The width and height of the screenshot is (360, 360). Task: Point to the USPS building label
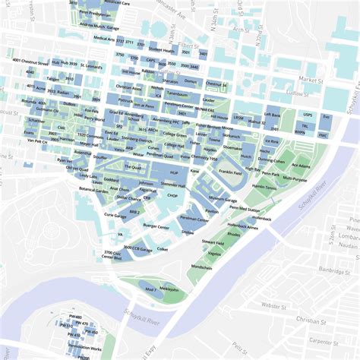308,115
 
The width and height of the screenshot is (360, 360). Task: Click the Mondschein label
201,267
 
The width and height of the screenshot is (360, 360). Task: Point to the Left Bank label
272,114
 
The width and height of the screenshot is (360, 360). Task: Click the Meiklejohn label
169,289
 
